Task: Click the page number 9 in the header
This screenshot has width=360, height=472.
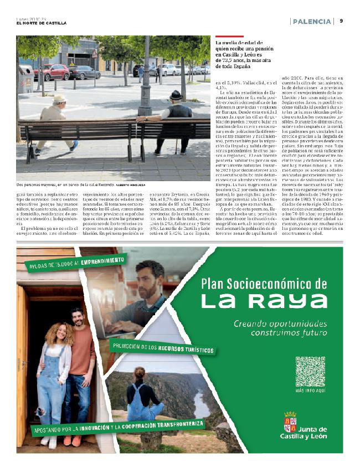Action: point(341,21)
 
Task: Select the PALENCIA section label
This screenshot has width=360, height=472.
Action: point(312,21)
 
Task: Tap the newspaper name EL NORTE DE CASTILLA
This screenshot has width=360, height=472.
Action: point(41,23)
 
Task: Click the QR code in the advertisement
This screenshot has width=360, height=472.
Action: point(310,372)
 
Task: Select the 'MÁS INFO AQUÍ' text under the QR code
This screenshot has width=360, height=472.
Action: point(310,391)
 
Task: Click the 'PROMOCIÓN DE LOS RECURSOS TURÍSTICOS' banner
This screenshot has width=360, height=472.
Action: point(163,350)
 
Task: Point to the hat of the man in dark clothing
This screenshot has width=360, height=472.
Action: point(176,95)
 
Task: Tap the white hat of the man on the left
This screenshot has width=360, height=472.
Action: point(59,99)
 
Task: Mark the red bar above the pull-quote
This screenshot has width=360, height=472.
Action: point(222,37)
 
